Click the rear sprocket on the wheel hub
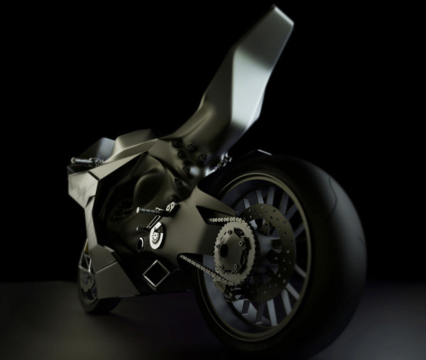point(234,242)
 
